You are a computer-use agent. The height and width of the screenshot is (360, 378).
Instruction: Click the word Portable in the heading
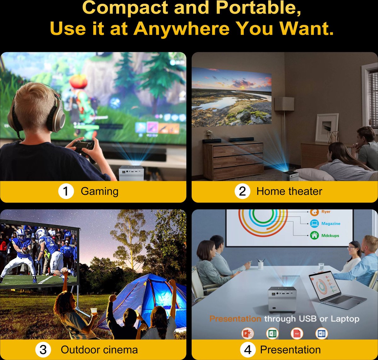pyautogui.click(x=258, y=8)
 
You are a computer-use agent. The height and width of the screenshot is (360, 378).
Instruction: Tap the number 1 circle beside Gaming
pyautogui.click(x=66, y=191)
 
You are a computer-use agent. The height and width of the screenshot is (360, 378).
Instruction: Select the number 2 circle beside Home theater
pyautogui.click(x=242, y=191)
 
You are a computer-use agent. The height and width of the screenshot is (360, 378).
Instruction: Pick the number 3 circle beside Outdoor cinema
pyautogui.click(x=43, y=349)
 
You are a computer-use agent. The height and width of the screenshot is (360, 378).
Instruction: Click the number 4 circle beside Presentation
pyautogui.click(x=248, y=349)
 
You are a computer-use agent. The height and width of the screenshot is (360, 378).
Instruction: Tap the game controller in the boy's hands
pyautogui.click(x=84, y=146)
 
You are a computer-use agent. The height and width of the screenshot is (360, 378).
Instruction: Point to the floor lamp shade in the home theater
pyautogui.click(x=284, y=104)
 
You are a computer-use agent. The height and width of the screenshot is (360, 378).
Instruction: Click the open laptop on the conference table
pyautogui.click(x=335, y=290)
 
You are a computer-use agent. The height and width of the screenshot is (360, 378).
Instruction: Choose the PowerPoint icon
pyautogui.click(x=248, y=334)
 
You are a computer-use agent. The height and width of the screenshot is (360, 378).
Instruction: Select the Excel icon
pyautogui.click(x=272, y=334)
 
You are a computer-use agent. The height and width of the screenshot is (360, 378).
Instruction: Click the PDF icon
pyautogui.click(x=297, y=334)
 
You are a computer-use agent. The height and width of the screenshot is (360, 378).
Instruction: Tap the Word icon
pyautogui.click(x=322, y=334)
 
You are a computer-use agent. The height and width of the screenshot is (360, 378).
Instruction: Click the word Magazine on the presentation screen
pyautogui.click(x=331, y=224)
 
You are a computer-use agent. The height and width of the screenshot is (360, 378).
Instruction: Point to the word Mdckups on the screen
pyautogui.click(x=330, y=235)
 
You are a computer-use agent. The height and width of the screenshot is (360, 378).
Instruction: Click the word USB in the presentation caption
pyautogui.click(x=308, y=319)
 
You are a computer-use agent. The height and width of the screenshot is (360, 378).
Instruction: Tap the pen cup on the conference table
pyautogui.click(x=261, y=265)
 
